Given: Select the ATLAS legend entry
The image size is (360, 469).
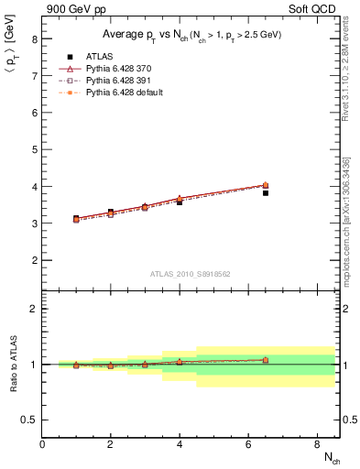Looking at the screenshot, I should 94,57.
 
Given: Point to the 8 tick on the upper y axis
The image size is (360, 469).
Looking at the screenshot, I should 34,39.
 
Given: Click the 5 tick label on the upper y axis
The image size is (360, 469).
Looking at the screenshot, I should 34,150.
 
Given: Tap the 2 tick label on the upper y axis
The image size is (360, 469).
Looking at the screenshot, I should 34,260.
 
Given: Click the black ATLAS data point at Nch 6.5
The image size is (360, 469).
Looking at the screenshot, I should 266,193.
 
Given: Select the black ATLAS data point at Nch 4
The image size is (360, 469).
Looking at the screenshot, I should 180,202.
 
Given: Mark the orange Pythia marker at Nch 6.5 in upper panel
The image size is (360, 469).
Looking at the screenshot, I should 266,185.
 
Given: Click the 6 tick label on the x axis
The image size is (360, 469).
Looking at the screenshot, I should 248,444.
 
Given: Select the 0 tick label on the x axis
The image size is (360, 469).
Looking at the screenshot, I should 42,444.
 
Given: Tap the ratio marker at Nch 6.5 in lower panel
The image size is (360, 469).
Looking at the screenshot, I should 266,360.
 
